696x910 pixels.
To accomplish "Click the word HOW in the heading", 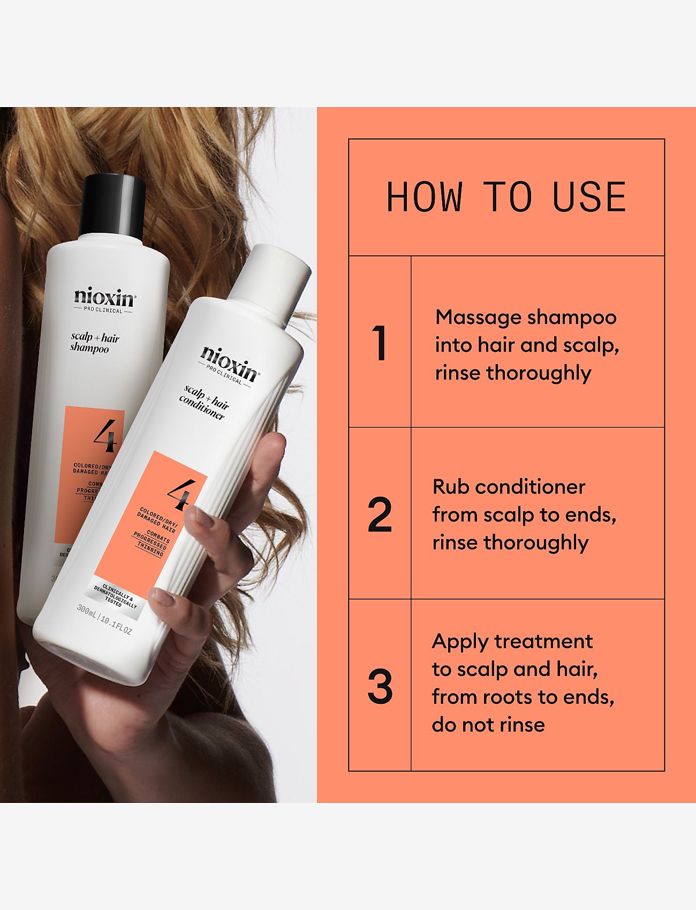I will (425, 196).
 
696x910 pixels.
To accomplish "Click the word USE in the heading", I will (589, 196).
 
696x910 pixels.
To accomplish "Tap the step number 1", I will (380, 343).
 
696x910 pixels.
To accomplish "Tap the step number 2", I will (380, 515).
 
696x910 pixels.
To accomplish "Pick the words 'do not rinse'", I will (488, 725).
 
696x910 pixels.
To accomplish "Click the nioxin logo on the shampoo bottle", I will (105, 298).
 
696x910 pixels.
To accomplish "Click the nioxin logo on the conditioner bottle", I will (229, 362).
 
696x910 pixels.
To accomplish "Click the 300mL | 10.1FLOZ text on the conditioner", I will (104, 620).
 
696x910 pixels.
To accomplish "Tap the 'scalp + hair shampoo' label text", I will (94, 343).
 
